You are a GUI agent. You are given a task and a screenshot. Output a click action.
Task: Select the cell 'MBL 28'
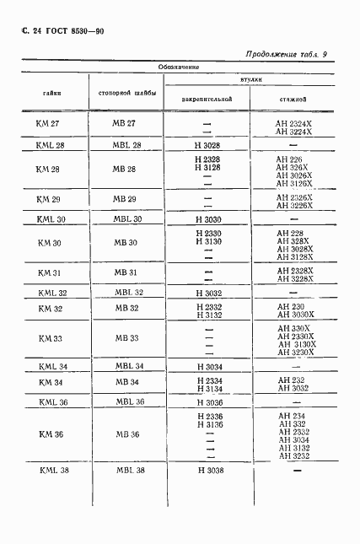[x=128, y=145]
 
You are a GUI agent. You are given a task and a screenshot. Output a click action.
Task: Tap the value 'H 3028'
[x=207, y=145]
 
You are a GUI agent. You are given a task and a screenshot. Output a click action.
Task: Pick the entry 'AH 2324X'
[x=293, y=124]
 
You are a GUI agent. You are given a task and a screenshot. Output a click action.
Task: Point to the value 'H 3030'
[x=207, y=218]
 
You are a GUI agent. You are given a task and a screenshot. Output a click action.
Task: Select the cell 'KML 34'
[x=52, y=366]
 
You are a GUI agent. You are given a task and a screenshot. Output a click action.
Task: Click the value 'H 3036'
[x=207, y=402]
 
